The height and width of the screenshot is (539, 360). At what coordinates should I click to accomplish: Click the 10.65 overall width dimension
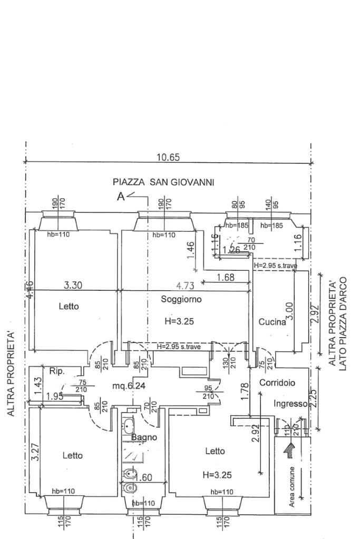(168, 156)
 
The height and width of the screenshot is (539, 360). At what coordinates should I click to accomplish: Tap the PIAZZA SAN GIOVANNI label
(163, 182)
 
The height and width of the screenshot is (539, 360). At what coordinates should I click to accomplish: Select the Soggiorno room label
(181, 299)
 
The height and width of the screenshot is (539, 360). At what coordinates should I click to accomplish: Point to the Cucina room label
(272, 322)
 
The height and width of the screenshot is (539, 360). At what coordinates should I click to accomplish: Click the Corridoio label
(277, 383)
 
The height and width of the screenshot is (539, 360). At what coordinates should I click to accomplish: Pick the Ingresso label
(290, 404)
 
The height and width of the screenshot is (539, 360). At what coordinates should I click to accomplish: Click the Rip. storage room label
(56, 371)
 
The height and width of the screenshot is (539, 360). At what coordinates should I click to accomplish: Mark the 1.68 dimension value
(225, 277)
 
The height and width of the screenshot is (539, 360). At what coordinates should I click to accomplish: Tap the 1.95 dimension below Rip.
(54, 397)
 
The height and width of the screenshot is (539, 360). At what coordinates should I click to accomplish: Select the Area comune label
(292, 487)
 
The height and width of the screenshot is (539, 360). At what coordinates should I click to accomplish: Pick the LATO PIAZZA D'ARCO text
(342, 324)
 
